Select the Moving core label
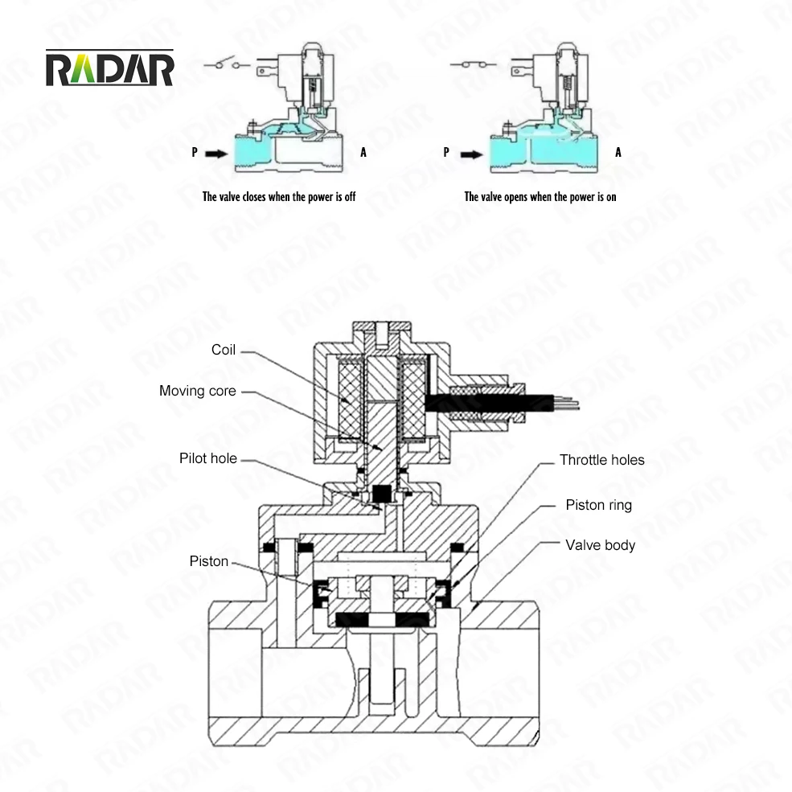point(198,392)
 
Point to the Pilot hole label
point(207,458)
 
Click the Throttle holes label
point(601,461)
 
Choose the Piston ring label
point(598,505)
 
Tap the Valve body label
point(600,545)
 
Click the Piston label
point(209,561)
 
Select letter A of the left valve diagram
point(363,152)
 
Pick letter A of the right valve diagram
point(618,152)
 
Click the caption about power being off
point(278,196)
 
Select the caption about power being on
point(540,196)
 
